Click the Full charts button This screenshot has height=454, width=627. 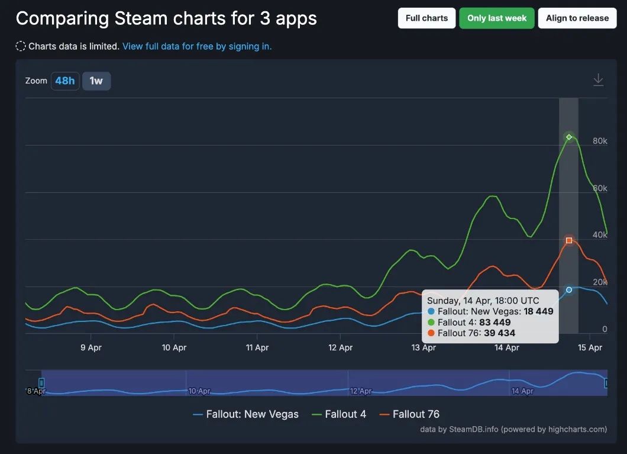[x=426, y=18]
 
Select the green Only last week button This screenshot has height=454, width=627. [x=497, y=18]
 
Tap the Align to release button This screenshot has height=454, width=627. [x=577, y=18]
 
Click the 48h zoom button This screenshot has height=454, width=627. [x=65, y=81]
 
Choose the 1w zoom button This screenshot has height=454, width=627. [x=96, y=81]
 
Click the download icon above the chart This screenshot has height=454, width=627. [x=599, y=80]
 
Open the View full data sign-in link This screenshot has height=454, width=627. [x=197, y=46]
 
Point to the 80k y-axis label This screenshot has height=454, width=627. [x=600, y=141]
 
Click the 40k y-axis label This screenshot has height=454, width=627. [x=600, y=235]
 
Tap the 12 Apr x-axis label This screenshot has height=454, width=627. [x=341, y=347]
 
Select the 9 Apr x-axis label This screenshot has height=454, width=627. [x=91, y=347]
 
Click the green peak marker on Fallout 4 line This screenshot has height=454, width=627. [x=569, y=137]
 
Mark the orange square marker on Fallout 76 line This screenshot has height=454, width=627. [x=569, y=240]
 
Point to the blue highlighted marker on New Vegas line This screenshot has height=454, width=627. [x=569, y=290]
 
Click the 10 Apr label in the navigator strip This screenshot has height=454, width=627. [x=199, y=391]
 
